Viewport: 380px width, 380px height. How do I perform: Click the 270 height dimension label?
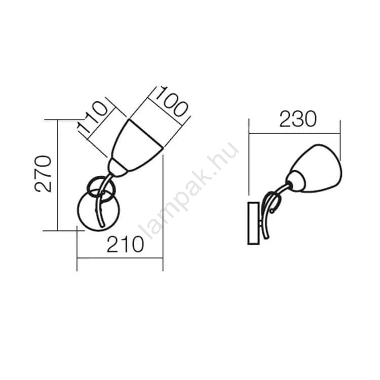[x=43, y=174]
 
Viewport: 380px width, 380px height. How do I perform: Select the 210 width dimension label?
[x=125, y=244]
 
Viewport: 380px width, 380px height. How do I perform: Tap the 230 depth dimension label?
[x=298, y=119]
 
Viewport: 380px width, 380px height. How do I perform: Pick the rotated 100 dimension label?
[x=171, y=102]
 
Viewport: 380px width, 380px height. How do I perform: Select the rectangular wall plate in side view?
[x=254, y=223]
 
